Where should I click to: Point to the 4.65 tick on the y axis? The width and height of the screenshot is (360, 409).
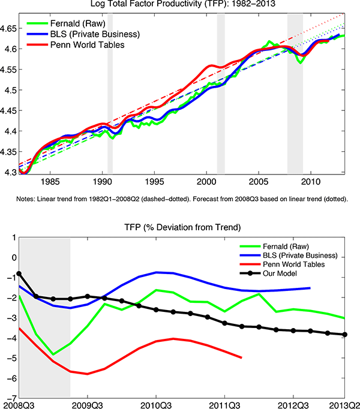pos(9,28)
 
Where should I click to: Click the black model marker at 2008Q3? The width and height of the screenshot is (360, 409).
pos(19,273)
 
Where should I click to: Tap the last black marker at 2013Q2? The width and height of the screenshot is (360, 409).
pos(345,335)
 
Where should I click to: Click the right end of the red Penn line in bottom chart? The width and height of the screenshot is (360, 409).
pos(242,357)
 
